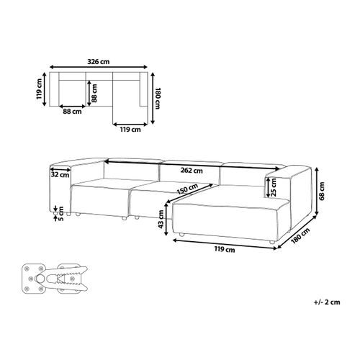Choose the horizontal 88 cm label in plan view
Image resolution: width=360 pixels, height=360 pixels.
tap(71, 111)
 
